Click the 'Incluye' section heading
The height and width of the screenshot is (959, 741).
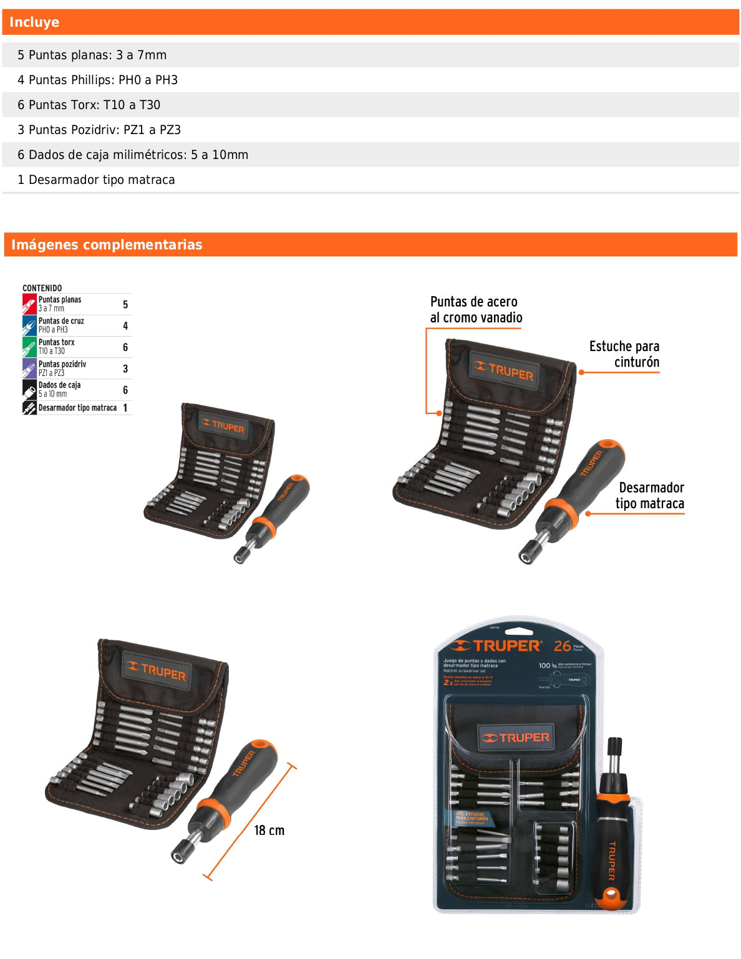tap(34, 22)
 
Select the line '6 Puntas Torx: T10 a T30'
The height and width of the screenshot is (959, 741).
tap(89, 105)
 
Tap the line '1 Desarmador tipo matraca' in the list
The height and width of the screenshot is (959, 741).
tap(96, 180)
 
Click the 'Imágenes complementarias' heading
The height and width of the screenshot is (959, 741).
tap(107, 244)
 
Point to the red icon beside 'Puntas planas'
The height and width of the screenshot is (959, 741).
tap(29, 304)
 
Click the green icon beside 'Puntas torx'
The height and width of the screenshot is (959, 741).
tap(29, 347)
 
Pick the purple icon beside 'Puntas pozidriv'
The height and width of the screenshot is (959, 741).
tap(29, 369)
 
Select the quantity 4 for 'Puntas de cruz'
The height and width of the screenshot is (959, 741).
tap(125, 325)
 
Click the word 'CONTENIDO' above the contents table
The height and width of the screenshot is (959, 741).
tap(42, 288)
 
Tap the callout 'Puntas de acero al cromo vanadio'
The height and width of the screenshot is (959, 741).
tap(476, 310)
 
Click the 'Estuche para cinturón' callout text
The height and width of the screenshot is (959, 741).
tap(624, 354)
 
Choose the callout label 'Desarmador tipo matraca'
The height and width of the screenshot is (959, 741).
tap(651, 496)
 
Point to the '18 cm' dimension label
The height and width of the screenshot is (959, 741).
tap(269, 830)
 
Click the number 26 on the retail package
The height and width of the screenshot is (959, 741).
tap(562, 646)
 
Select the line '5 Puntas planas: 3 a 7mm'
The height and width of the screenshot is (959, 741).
tap(92, 55)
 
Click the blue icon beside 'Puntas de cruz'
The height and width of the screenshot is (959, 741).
tap(29, 325)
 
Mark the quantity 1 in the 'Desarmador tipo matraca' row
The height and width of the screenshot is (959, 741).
tap(125, 408)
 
